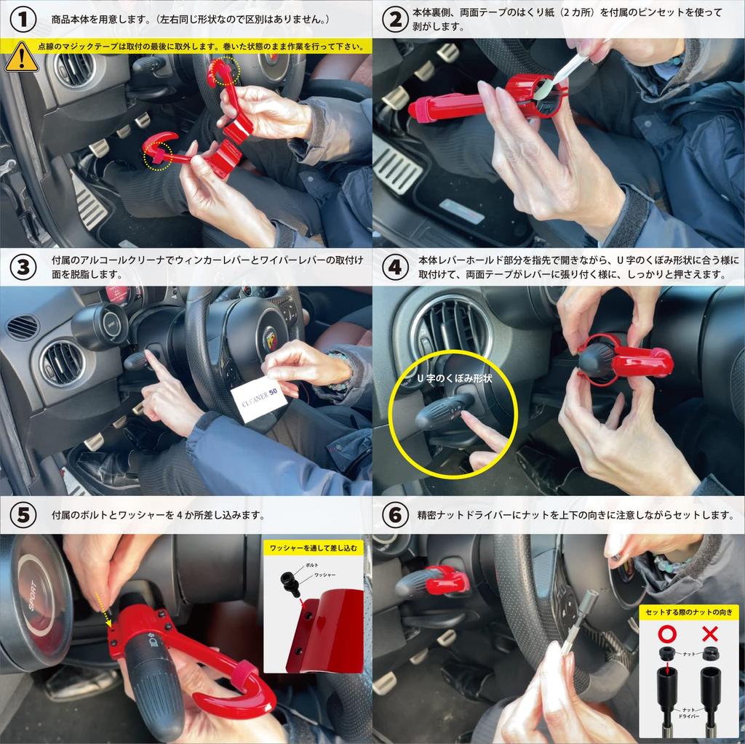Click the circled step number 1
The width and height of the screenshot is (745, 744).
pyautogui.click(x=23, y=20)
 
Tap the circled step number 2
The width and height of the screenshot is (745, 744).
pyautogui.click(x=395, y=20)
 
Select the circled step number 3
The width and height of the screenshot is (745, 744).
pyautogui.click(x=23, y=267)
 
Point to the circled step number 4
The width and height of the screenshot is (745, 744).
pyautogui.click(x=395, y=267)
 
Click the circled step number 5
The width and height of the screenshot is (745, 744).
pyautogui.click(x=23, y=515)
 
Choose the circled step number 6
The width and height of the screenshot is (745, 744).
pyautogui.click(x=395, y=515)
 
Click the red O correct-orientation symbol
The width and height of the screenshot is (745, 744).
pyautogui.click(x=667, y=633)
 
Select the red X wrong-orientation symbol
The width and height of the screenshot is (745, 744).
pyautogui.click(x=710, y=633)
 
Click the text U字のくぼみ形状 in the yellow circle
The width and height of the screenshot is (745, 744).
pyautogui.click(x=454, y=379)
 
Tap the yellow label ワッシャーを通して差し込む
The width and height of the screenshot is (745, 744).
pyautogui.click(x=314, y=548)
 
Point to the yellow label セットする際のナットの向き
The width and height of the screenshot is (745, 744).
pyautogui.click(x=689, y=612)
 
